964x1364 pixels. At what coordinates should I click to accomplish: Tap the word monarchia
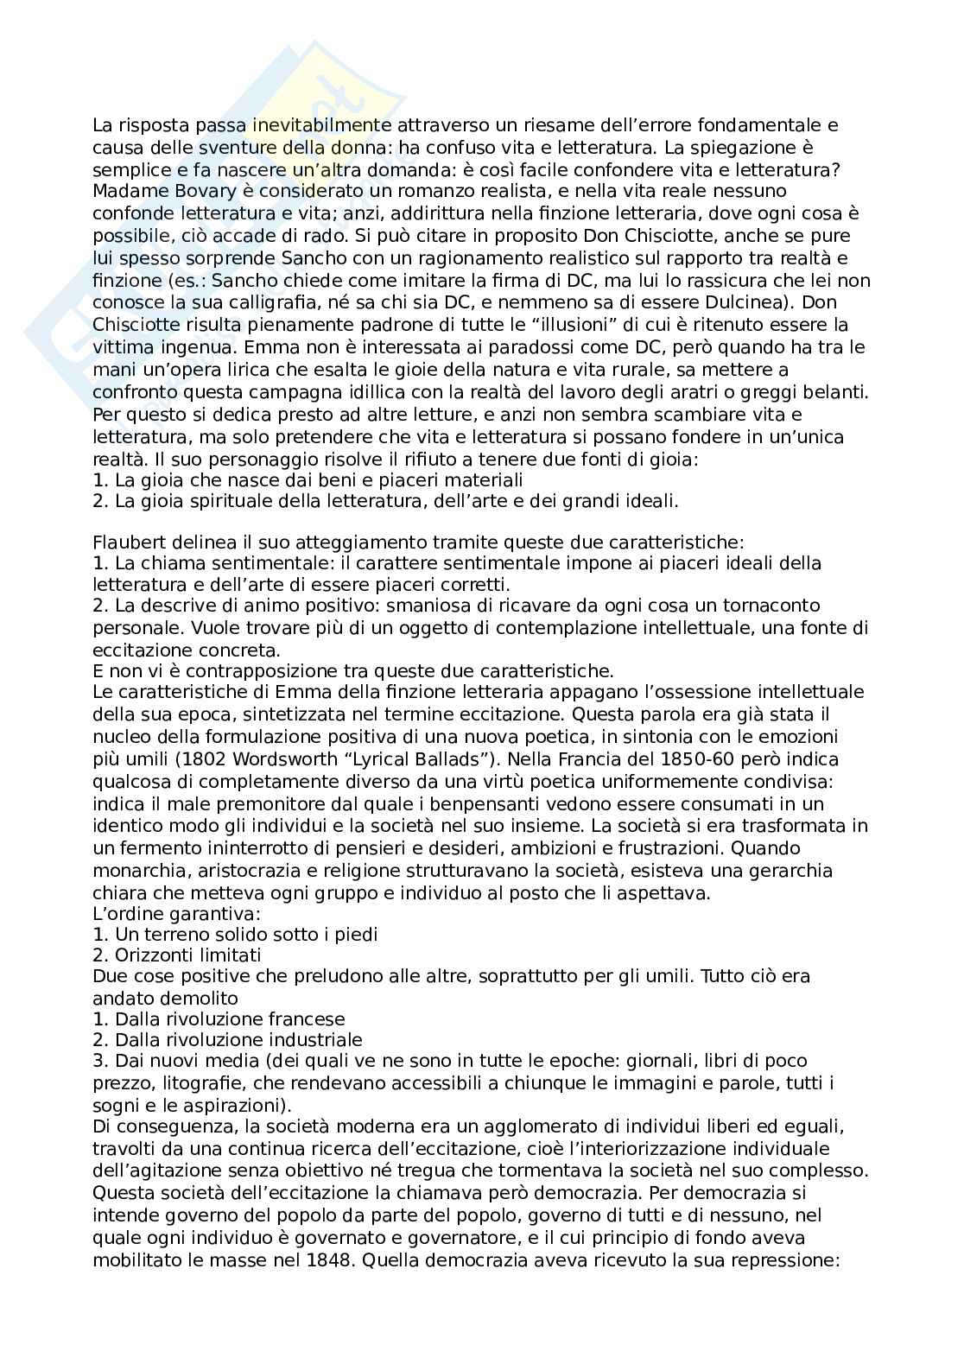tap(135, 870)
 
